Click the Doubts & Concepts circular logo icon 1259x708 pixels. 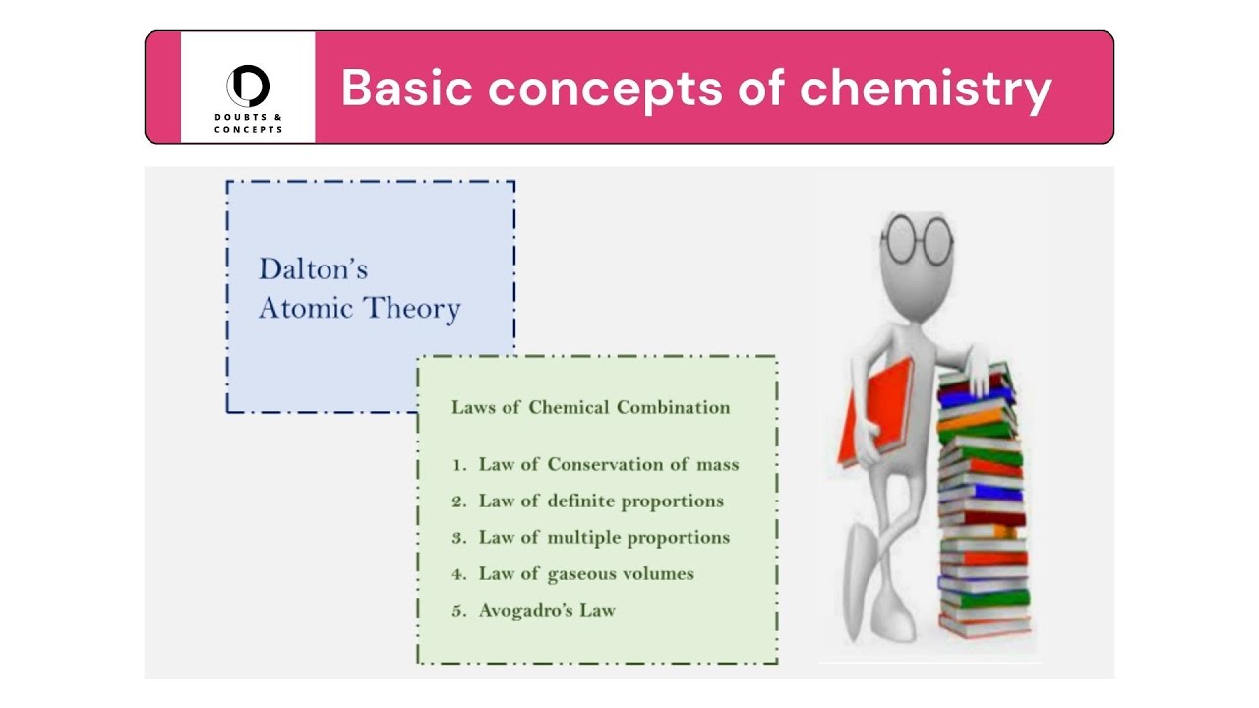coord(248,86)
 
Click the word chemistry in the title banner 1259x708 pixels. coord(926,88)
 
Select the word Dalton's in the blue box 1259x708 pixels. coord(313,268)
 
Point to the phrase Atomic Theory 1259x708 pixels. coord(359,308)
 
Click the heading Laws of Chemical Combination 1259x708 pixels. coord(590,407)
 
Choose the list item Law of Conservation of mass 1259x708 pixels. coord(608,464)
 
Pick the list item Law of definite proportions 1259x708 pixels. coord(600,501)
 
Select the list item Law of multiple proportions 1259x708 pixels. coord(604,537)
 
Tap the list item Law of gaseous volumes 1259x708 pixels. coord(586,573)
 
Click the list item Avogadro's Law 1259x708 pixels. coord(547,610)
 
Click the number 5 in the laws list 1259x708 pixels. coord(457,611)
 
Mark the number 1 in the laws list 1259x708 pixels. coord(457,465)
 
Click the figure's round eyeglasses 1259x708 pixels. coord(917,239)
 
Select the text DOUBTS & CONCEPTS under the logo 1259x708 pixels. coord(248,123)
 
